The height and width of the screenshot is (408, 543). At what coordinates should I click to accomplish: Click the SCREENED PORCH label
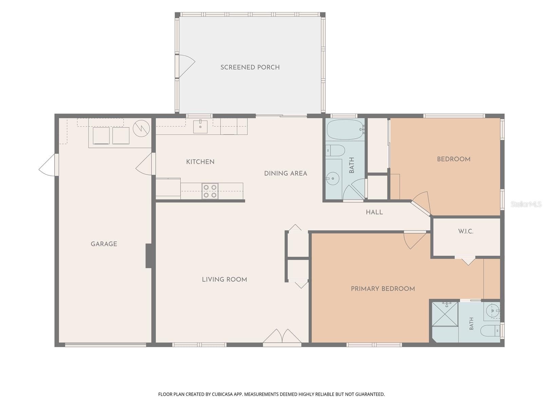pos(250,67)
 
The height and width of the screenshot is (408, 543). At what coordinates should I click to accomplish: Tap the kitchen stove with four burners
pos(210,191)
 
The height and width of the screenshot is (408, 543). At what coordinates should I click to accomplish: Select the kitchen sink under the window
pos(200,126)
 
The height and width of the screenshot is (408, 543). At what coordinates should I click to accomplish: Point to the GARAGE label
pos(104,244)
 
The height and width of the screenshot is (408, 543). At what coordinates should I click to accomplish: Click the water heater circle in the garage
pos(141,128)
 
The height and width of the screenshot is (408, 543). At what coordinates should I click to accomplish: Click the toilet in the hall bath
pos(335,150)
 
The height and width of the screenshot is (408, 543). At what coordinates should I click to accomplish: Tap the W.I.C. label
pos(466,232)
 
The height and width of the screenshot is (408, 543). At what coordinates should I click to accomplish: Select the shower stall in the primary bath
pos(445,314)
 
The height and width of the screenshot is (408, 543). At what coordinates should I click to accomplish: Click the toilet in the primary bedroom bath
pos(490,330)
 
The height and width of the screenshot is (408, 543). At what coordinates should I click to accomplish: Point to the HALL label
pos(374,212)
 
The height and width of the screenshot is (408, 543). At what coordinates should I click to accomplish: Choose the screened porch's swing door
pos(186,66)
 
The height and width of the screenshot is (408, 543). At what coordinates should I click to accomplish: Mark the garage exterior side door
pos(49,165)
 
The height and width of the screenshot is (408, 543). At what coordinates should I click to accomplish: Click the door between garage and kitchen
pos(146,164)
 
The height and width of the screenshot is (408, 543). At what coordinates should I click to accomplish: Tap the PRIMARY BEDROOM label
pos(383,289)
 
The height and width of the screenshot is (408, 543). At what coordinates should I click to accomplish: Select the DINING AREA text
pos(286,173)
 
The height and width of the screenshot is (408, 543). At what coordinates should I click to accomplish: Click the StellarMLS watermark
pos(526,204)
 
